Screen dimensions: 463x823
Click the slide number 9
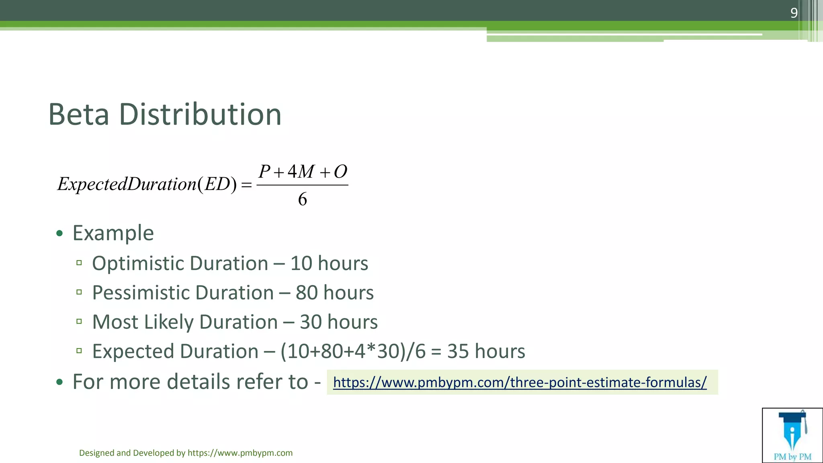[x=794, y=13]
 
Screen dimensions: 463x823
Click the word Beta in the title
[x=79, y=115]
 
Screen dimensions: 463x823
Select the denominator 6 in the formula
[x=302, y=199]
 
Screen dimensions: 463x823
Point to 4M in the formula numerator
[x=301, y=172]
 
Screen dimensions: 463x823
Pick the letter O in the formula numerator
[x=340, y=172]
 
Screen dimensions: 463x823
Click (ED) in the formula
[x=217, y=184]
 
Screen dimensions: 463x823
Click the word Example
[x=113, y=233]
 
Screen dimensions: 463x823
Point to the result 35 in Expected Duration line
[x=458, y=351]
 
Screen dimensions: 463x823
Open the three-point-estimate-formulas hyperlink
[x=520, y=382]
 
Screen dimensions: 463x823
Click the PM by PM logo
[x=792, y=435]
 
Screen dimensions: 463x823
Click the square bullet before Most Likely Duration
[x=79, y=321]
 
